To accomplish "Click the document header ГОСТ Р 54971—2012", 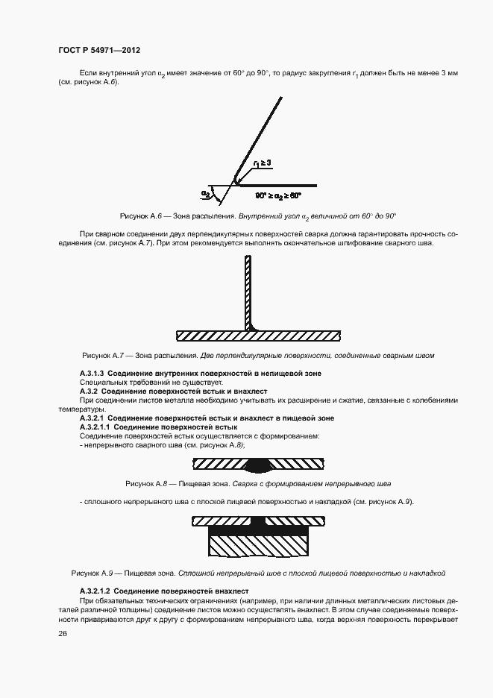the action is click(x=99, y=50).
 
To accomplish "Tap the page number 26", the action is click(x=62, y=634).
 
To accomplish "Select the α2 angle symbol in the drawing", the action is click(x=206, y=193).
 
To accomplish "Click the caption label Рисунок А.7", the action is click(x=107, y=355).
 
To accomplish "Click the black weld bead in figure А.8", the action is click(x=261, y=465).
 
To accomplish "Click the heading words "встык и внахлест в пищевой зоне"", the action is click(x=286, y=418).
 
